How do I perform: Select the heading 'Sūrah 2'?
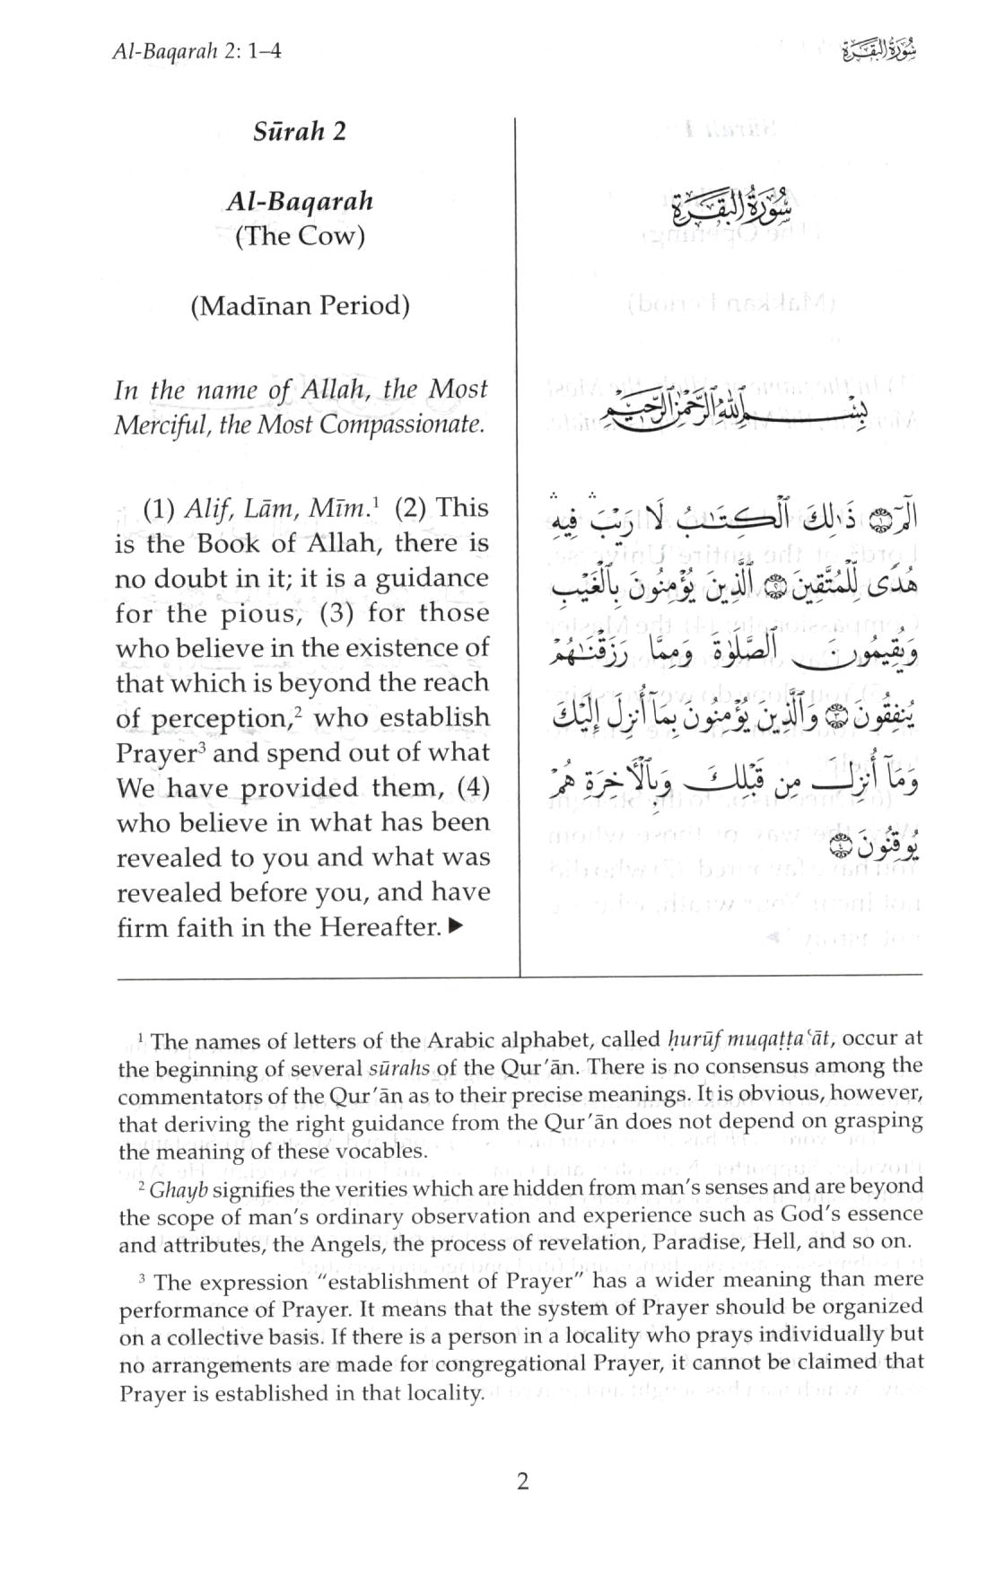tap(299, 132)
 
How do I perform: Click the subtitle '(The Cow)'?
tap(299, 238)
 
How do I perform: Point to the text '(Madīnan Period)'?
tap(299, 306)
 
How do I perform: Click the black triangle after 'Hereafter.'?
tap(456, 926)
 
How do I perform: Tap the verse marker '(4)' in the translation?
tap(472, 787)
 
